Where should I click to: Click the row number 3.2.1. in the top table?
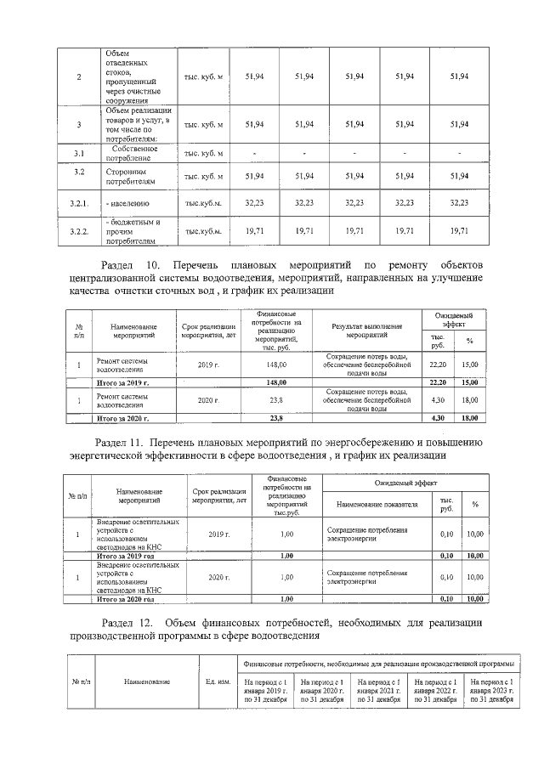coord(78,203)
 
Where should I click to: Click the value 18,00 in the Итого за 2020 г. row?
coord(469,419)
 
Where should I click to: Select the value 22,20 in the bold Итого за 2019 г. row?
coord(438,383)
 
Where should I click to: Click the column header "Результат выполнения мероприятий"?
coord(367,329)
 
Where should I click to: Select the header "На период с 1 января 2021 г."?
coord(379,690)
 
